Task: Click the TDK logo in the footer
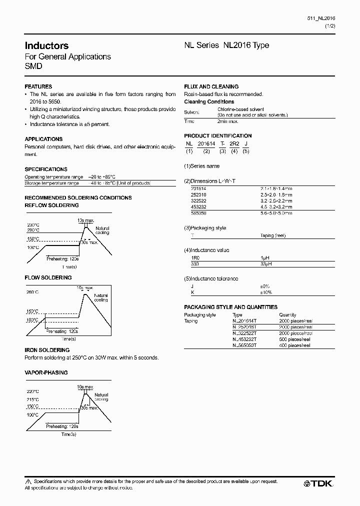pos(318,483)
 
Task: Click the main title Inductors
pos(46,45)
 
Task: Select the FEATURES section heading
pos(38,86)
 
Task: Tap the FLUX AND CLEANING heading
pos(211,86)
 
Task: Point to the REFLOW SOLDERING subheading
pos(51,205)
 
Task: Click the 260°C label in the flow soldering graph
pos(32,291)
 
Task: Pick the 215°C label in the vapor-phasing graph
pos(32,400)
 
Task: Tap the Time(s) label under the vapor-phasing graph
pos(68,434)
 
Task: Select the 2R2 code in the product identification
pos(234,143)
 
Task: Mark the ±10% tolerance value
pos(265,292)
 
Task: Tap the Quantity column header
pos(287,315)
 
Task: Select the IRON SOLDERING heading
pos(47,350)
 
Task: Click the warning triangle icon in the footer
pos(27,481)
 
